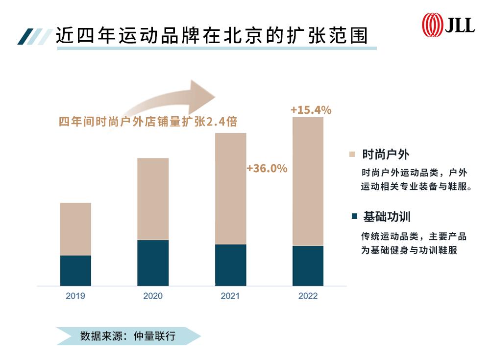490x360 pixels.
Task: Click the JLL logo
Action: (x=448, y=24)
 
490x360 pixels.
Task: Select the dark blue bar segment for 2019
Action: (x=75, y=270)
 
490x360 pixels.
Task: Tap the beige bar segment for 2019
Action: (x=75, y=229)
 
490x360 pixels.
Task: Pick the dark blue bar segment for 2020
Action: (x=152, y=263)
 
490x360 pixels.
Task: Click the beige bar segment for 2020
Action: (x=152, y=199)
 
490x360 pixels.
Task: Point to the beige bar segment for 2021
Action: (x=230, y=189)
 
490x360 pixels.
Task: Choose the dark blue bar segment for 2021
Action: (x=230, y=265)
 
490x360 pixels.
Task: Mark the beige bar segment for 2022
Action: (x=308, y=181)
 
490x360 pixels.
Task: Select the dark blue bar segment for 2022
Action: (x=308, y=265)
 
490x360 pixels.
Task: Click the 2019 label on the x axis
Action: (x=75, y=296)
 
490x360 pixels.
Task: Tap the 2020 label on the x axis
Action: (x=152, y=296)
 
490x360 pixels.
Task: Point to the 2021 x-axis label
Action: (x=230, y=296)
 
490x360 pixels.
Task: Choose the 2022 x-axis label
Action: (x=308, y=296)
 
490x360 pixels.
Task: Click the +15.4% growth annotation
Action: (x=311, y=110)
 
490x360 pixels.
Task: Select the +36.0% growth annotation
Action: (x=267, y=169)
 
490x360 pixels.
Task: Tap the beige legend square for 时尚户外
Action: (x=352, y=154)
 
